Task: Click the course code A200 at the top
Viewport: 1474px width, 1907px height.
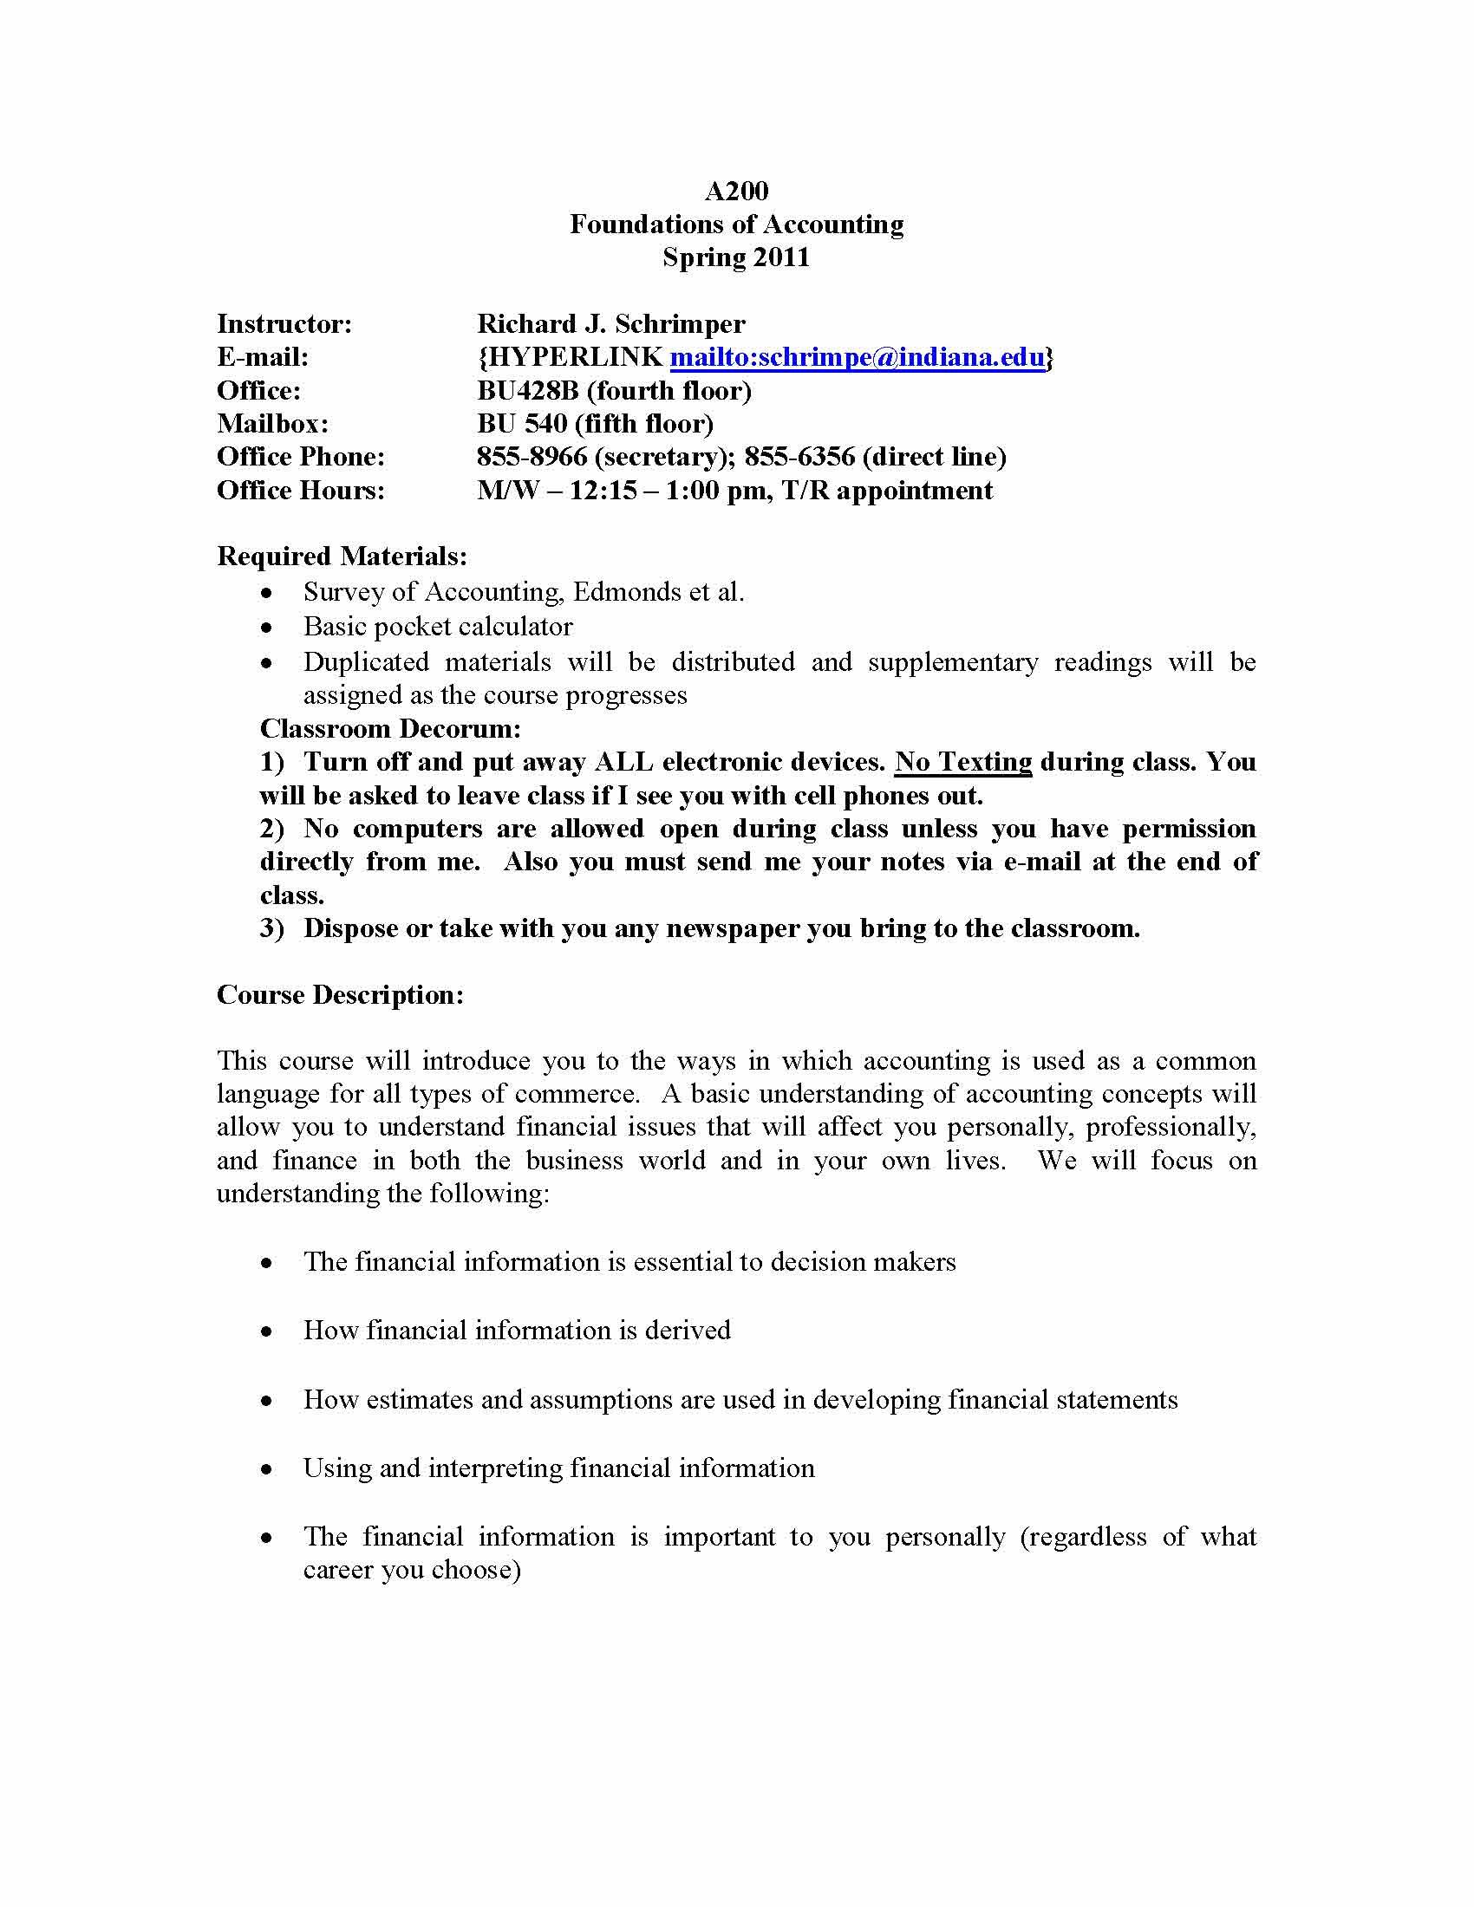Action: [x=736, y=192]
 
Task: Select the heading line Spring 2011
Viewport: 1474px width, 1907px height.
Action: [x=736, y=257]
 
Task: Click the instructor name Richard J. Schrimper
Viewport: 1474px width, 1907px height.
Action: [x=610, y=324]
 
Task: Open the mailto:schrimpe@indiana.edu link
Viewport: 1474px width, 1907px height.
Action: [x=857, y=357]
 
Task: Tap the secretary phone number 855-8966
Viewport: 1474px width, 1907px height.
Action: [x=532, y=457]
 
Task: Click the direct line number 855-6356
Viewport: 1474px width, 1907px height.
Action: [x=799, y=457]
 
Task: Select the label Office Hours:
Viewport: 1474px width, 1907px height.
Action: [x=300, y=490]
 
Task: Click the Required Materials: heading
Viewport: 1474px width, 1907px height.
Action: [x=342, y=556]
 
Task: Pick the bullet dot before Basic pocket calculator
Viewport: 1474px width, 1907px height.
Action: [x=267, y=628]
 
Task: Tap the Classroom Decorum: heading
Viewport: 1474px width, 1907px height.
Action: [x=390, y=728]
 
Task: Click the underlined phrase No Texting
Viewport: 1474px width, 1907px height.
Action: [x=963, y=761]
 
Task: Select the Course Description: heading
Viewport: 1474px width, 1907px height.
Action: [x=340, y=994]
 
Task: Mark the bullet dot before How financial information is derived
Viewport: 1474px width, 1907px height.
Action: [x=267, y=1331]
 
